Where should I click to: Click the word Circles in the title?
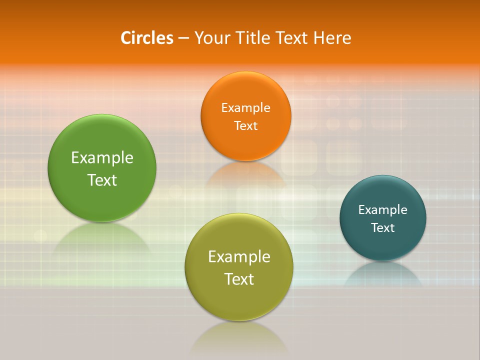pyautogui.click(x=147, y=38)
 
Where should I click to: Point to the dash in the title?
pyautogui.click(x=183, y=38)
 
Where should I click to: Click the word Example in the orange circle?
pyautogui.click(x=245, y=107)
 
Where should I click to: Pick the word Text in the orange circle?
pyautogui.click(x=245, y=125)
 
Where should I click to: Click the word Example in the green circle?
pyautogui.click(x=102, y=158)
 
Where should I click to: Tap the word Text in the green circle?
pyautogui.click(x=102, y=180)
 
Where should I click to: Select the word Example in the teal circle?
pyautogui.click(x=383, y=209)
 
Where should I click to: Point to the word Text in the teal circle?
pyautogui.click(x=383, y=227)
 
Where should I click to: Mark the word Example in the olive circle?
pyautogui.click(x=239, y=257)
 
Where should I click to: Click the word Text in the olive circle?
pyautogui.click(x=239, y=279)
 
